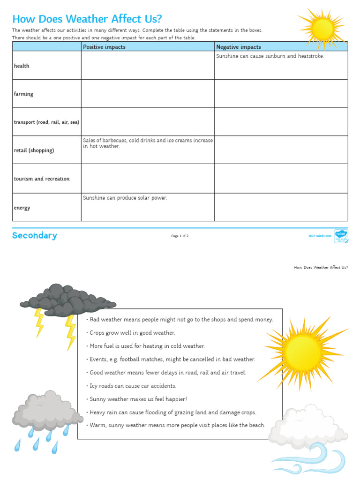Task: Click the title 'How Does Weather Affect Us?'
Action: pos(87,19)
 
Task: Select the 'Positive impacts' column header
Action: pos(104,47)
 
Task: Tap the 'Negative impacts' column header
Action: pos(238,47)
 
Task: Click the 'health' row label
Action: pos(22,66)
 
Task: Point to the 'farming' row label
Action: pos(23,94)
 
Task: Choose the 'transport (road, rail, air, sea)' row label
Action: pos(46,122)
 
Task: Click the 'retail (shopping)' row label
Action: pos(34,150)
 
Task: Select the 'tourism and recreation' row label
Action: pos(42,179)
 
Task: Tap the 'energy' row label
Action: pos(22,208)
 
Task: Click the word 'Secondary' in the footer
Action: pos(35,236)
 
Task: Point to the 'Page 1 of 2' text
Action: pos(180,236)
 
